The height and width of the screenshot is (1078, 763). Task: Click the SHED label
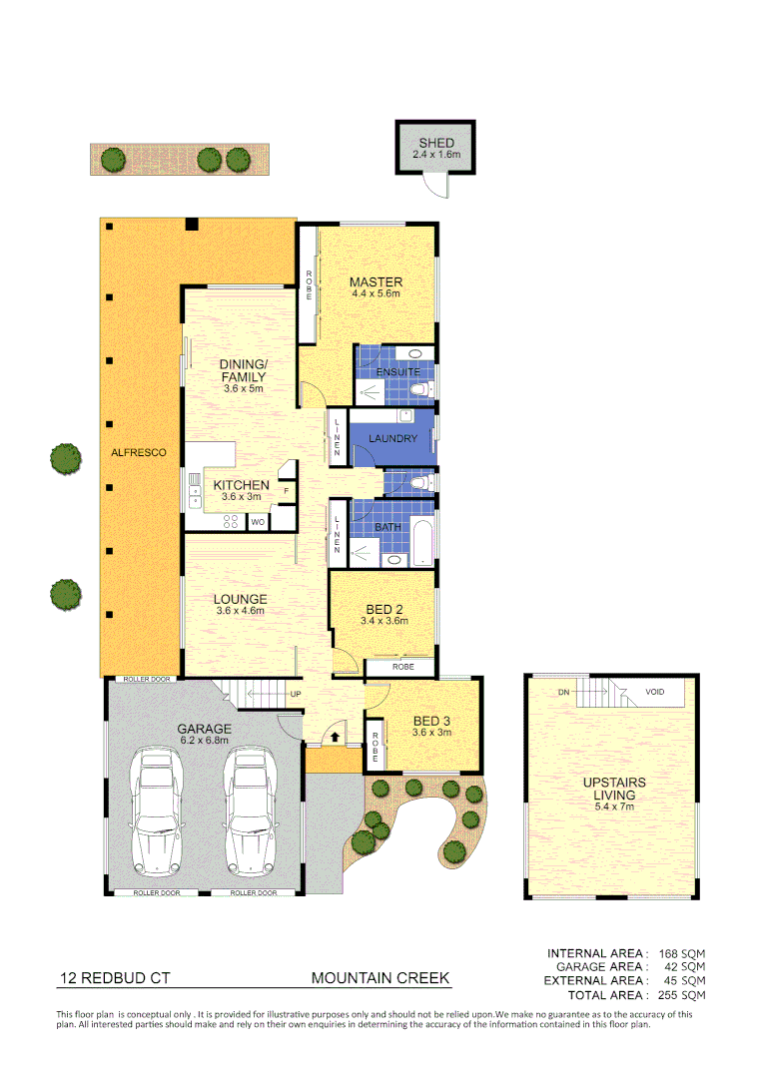pyautogui.click(x=436, y=143)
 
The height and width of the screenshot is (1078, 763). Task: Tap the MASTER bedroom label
pyautogui.click(x=376, y=282)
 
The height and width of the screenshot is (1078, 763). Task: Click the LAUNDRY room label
pyautogui.click(x=392, y=438)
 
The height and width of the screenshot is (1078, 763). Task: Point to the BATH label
pyautogui.click(x=387, y=527)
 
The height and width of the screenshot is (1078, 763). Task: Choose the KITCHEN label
pyautogui.click(x=241, y=485)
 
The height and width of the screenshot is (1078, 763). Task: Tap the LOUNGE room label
pyautogui.click(x=240, y=600)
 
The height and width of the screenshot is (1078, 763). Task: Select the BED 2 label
pyautogui.click(x=384, y=609)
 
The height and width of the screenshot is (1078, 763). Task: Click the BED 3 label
pyautogui.click(x=432, y=720)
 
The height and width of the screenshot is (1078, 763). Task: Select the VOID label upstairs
pyautogui.click(x=655, y=692)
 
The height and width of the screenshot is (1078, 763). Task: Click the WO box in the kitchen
pyautogui.click(x=257, y=521)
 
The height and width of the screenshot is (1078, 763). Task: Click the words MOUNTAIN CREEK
pyautogui.click(x=381, y=978)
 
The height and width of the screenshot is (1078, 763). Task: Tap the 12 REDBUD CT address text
pyautogui.click(x=108, y=978)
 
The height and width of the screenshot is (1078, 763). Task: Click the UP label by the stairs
pyautogui.click(x=296, y=694)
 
